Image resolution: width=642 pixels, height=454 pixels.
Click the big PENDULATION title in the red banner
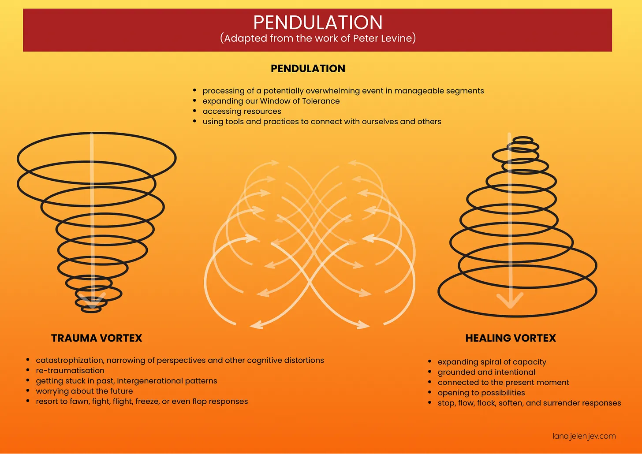click(317, 22)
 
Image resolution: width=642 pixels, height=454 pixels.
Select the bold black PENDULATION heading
click(308, 69)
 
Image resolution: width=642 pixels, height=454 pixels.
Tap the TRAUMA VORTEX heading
click(97, 338)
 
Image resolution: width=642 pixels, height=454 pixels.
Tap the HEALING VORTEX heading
click(511, 338)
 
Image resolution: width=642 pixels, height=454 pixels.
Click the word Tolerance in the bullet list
click(321, 101)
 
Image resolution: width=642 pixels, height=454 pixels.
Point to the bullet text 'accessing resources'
click(242, 112)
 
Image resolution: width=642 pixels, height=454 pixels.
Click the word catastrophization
click(70, 361)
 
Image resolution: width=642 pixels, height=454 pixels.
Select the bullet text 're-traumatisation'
click(70, 371)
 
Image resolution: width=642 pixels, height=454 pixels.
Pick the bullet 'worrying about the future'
click(84, 391)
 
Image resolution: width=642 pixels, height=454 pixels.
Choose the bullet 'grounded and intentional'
click(486, 372)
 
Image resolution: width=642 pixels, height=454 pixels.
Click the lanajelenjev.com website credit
click(584, 436)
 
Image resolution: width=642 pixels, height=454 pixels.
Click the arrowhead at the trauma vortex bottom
click(93, 301)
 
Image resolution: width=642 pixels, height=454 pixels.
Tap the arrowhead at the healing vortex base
click(510, 302)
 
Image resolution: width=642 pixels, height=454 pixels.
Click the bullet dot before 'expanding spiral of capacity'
click(430, 361)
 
